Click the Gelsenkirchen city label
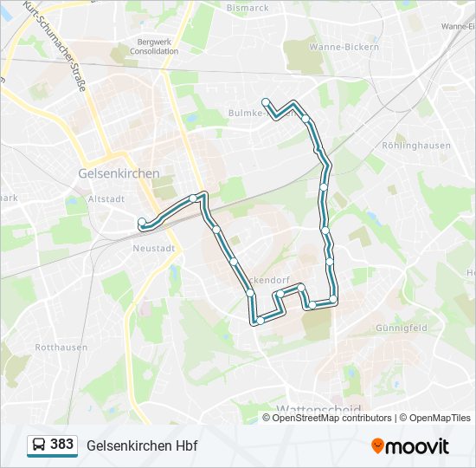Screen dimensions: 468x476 click(119, 173)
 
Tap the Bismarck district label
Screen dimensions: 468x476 click(248, 8)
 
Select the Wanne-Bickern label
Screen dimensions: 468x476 click(344, 47)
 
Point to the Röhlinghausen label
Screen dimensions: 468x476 click(422, 146)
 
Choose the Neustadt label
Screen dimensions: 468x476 click(154, 248)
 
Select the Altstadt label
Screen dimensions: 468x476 click(107, 198)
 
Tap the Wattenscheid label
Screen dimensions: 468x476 click(318, 408)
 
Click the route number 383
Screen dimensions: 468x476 click(61, 445)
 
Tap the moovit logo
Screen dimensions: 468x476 click(410, 445)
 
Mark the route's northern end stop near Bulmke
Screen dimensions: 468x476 click(266, 101)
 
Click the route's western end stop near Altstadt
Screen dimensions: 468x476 click(141, 223)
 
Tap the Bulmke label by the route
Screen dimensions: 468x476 click(246, 113)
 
